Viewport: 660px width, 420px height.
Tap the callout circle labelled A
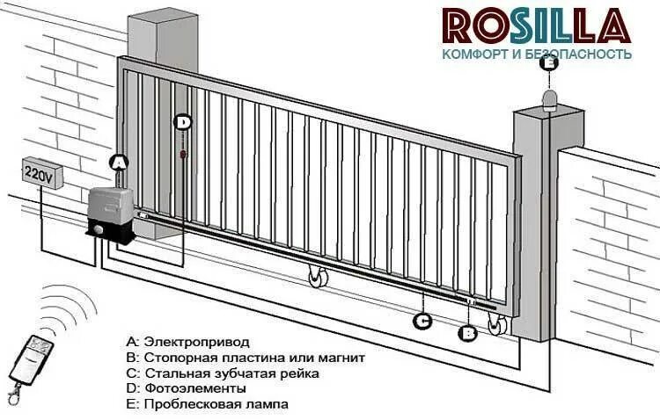tap(121, 162)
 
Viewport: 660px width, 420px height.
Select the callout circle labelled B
tap(469, 333)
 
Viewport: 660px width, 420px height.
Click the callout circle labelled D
tap(183, 123)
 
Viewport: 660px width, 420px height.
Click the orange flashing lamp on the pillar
tap(550, 98)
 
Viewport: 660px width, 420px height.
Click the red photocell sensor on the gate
tap(183, 156)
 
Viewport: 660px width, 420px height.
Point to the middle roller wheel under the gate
tap(316, 279)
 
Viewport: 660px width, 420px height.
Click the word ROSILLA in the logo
tap(536, 26)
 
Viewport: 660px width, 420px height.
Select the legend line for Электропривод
tap(187, 340)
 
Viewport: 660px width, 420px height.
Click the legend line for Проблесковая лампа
tap(207, 404)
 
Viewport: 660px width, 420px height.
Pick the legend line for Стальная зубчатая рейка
tap(222, 373)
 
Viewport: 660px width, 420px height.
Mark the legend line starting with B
tap(245, 357)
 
